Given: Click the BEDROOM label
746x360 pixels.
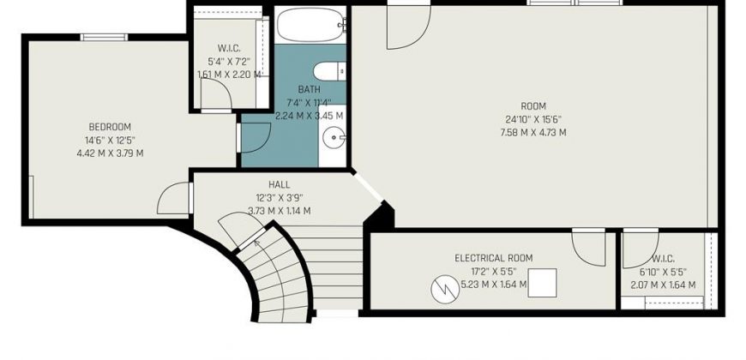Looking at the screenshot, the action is coord(110,127).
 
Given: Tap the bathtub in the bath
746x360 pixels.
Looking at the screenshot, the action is coord(310,24).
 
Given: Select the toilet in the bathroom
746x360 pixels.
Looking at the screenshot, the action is coord(330,71).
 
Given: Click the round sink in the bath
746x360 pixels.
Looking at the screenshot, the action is coord(334,138).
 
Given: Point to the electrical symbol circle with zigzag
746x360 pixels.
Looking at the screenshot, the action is coord(445,290).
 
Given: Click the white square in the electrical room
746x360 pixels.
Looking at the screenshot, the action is coord(543,283).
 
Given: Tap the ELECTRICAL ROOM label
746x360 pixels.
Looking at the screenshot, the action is coord(493,258).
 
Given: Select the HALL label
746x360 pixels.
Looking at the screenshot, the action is coord(280,185).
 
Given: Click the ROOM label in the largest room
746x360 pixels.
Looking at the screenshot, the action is coord(533,106).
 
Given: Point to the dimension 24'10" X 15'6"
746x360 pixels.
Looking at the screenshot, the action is coord(533,119).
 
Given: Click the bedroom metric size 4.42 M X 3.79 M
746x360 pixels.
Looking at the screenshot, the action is coord(110,153).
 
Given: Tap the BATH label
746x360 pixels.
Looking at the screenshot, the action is coord(310,89).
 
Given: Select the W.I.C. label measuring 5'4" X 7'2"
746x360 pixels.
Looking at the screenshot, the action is coord(229,48).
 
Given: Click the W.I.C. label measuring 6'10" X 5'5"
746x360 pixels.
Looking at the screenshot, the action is coord(663,259).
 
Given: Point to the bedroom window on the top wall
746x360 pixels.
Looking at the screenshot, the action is coord(104,37).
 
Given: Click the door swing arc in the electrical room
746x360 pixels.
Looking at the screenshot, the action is coord(589,248).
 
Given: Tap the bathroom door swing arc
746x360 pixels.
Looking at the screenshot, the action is coord(256,138).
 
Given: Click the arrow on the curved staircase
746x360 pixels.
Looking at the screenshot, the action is coord(257,244).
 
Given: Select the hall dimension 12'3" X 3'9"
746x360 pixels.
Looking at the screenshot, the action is coord(280,197).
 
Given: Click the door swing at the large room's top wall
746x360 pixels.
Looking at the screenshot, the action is coord(409,27).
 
